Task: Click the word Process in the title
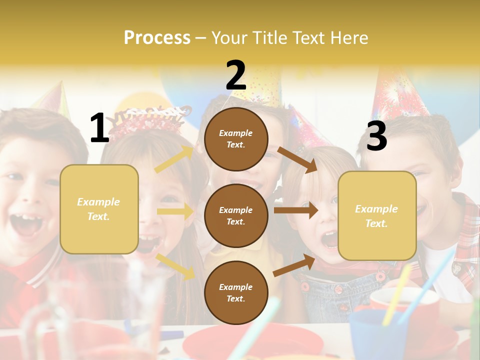[x=157, y=38]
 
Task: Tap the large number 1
[x=99, y=128]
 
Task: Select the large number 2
[x=236, y=75]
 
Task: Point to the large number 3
[x=376, y=136]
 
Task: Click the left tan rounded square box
[x=99, y=209]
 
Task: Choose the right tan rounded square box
[x=377, y=216]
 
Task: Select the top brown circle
[x=236, y=139]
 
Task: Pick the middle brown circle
[x=236, y=215]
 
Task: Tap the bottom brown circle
[x=236, y=292]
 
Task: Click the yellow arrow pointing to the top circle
[x=174, y=159]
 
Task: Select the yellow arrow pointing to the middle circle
[x=175, y=211]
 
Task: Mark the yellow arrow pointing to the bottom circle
[x=175, y=266]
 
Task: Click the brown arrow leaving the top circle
[x=297, y=159]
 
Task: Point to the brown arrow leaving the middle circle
[x=296, y=210]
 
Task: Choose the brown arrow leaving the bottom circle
[x=294, y=265]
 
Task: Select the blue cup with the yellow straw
[x=372, y=332]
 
